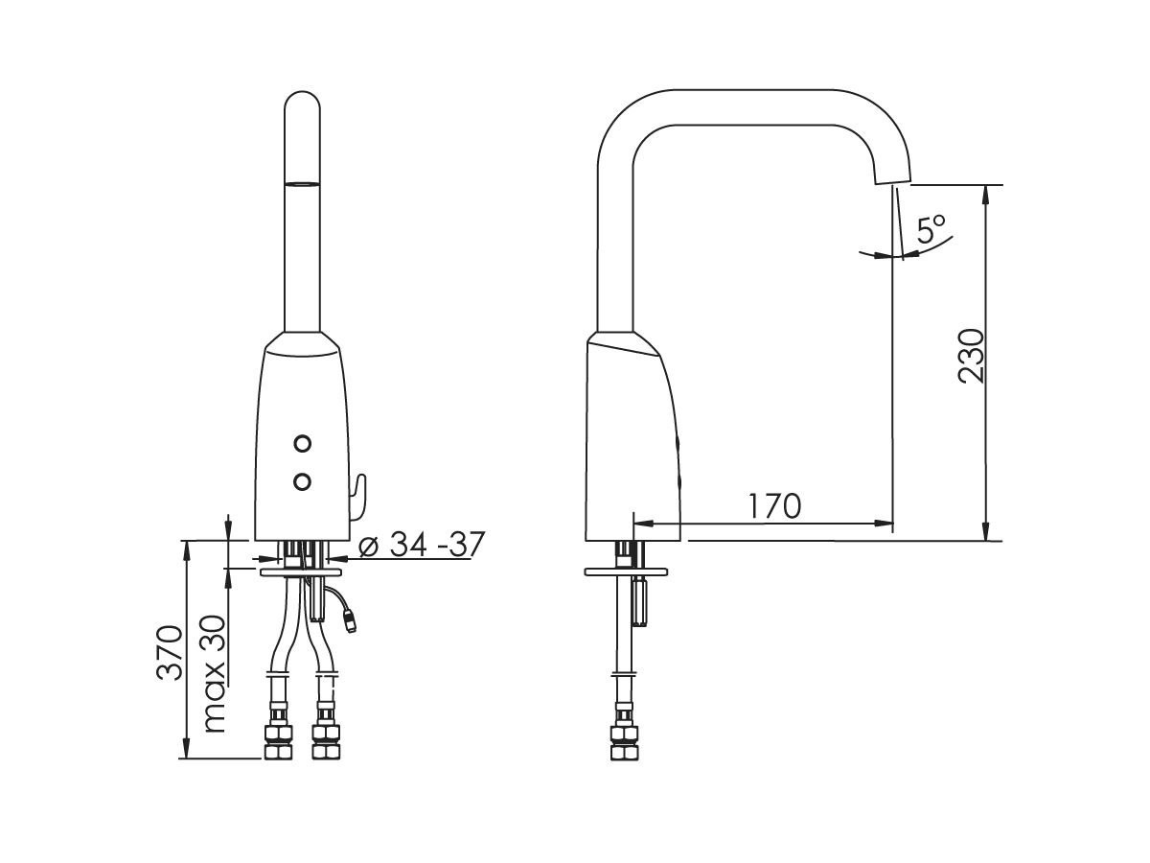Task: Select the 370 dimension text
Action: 170,653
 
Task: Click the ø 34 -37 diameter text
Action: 420,545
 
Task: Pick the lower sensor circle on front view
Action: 304,481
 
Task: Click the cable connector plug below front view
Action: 352,624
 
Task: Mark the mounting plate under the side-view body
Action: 628,573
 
